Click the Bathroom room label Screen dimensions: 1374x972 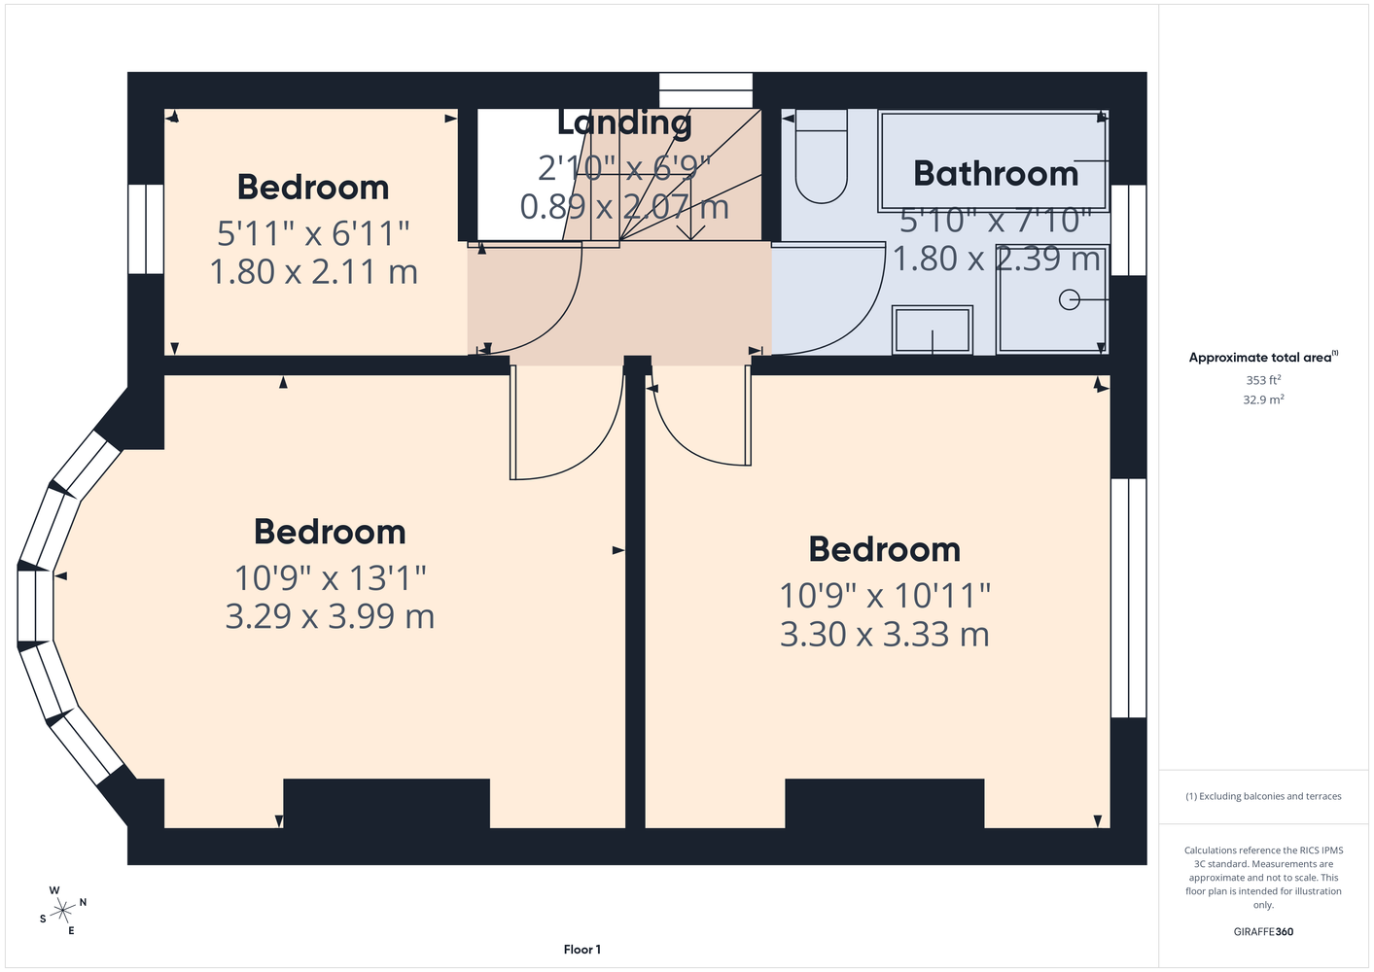click(996, 174)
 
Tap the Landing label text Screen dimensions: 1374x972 click(624, 122)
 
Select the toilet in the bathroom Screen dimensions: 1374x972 click(821, 156)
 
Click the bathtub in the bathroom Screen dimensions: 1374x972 click(993, 160)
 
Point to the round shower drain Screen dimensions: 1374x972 click(1069, 299)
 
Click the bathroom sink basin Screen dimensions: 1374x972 click(933, 330)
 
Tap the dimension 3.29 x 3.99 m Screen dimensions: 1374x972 click(330, 616)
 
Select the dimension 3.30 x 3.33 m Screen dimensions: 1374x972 click(885, 634)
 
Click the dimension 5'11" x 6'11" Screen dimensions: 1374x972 click(313, 233)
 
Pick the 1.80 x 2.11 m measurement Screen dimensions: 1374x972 click(313, 271)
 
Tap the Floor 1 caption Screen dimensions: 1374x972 click(582, 950)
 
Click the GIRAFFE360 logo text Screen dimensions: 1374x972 click(1263, 931)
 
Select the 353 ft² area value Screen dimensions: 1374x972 click(1263, 380)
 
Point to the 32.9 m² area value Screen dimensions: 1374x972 click(1263, 399)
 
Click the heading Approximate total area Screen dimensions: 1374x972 click(1263, 358)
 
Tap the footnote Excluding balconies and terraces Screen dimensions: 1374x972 click(1263, 796)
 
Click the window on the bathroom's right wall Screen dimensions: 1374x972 click(1129, 230)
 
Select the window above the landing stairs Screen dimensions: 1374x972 click(705, 90)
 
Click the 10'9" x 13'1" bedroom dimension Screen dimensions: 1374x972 click(330, 577)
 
